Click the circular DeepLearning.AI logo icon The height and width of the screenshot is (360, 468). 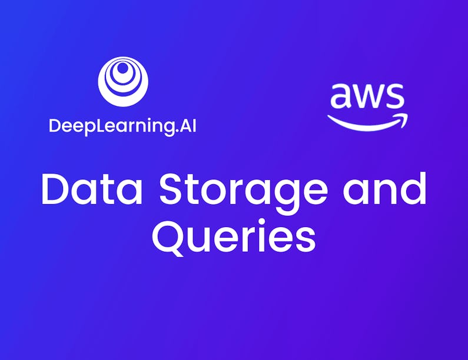(x=123, y=81)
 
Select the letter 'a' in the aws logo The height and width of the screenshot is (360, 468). (x=340, y=98)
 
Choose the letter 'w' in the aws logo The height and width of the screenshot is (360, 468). (x=366, y=98)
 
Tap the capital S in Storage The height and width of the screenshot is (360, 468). (x=172, y=190)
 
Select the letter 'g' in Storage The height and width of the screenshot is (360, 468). (x=290, y=195)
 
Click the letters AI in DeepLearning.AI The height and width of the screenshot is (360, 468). (x=187, y=126)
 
